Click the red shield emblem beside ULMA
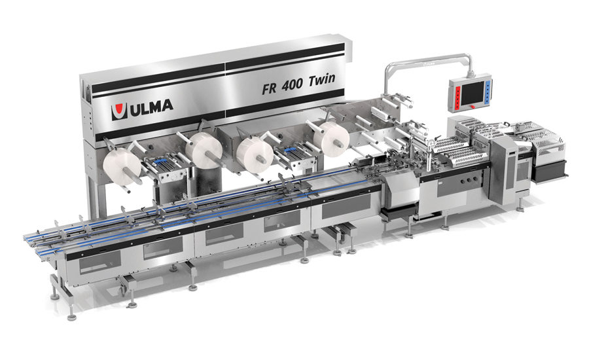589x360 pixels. pyautogui.click(x=118, y=111)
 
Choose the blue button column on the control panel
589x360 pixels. pyautogui.click(x=489, y=92)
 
